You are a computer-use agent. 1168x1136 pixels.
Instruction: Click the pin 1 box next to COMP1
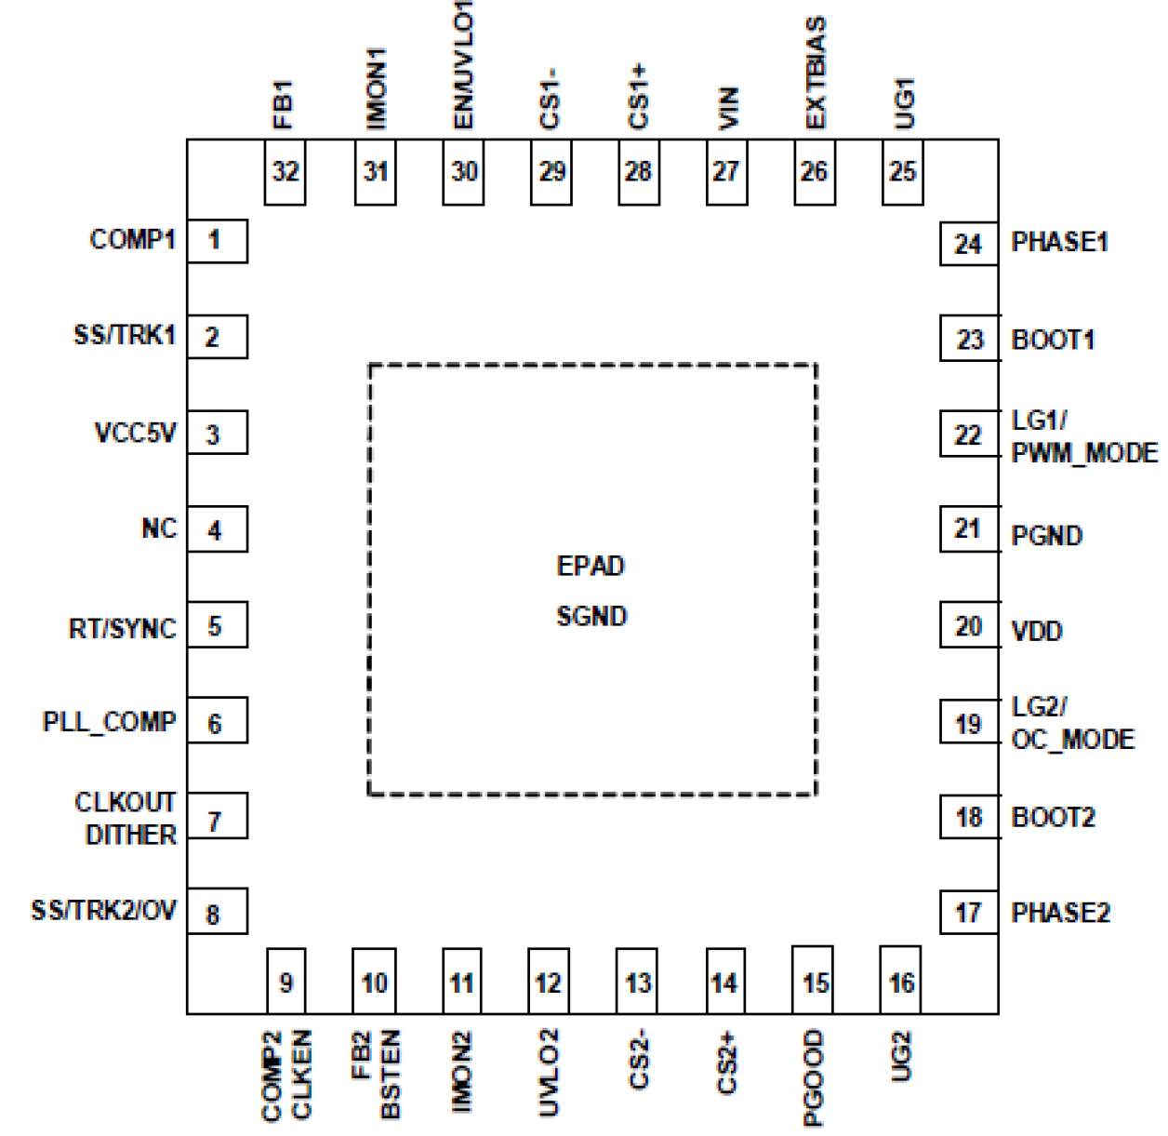[x=217, y=241]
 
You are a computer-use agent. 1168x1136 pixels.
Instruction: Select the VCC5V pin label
[x=135, y=433]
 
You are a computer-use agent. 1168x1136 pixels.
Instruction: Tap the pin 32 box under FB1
[x=285, y=172]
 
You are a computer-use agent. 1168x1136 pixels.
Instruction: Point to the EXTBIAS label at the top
[x=815, y=73]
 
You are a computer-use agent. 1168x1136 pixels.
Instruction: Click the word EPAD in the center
[x=591, y=566]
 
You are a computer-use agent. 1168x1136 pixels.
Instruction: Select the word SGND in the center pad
[x=591, y=616]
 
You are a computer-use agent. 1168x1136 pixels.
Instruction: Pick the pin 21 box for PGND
[x=968, y=529]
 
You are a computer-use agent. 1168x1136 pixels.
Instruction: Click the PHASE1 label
[x=1059, y=242]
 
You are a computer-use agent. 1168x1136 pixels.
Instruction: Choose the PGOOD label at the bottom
[x=814, y=1077]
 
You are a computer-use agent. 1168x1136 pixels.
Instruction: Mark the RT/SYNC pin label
[x=122, y=629]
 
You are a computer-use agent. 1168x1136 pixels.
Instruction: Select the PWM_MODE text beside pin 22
[x=1084, y=453]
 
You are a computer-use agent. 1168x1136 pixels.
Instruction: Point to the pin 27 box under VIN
[x=725, y=172]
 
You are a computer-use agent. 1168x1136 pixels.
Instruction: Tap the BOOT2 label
[x=1053, y=817]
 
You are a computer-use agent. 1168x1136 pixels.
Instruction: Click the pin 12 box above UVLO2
[x=548, y=982]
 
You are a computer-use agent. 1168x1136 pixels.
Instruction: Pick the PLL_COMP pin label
[x=109, y=722]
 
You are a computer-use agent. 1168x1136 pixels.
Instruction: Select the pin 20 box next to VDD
[x=968, y=626]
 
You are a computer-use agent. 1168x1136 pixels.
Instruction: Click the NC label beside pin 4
[x=158, y=528]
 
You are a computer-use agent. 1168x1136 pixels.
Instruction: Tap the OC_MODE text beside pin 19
[x=1072, y=740]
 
